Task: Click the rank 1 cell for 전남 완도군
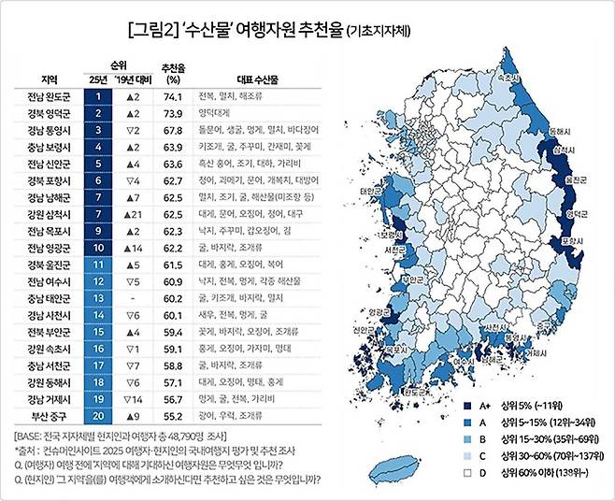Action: (x=98, y=96)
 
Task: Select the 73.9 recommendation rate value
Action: (x=171, y=113)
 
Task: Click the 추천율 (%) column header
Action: (x=171, y=73)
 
